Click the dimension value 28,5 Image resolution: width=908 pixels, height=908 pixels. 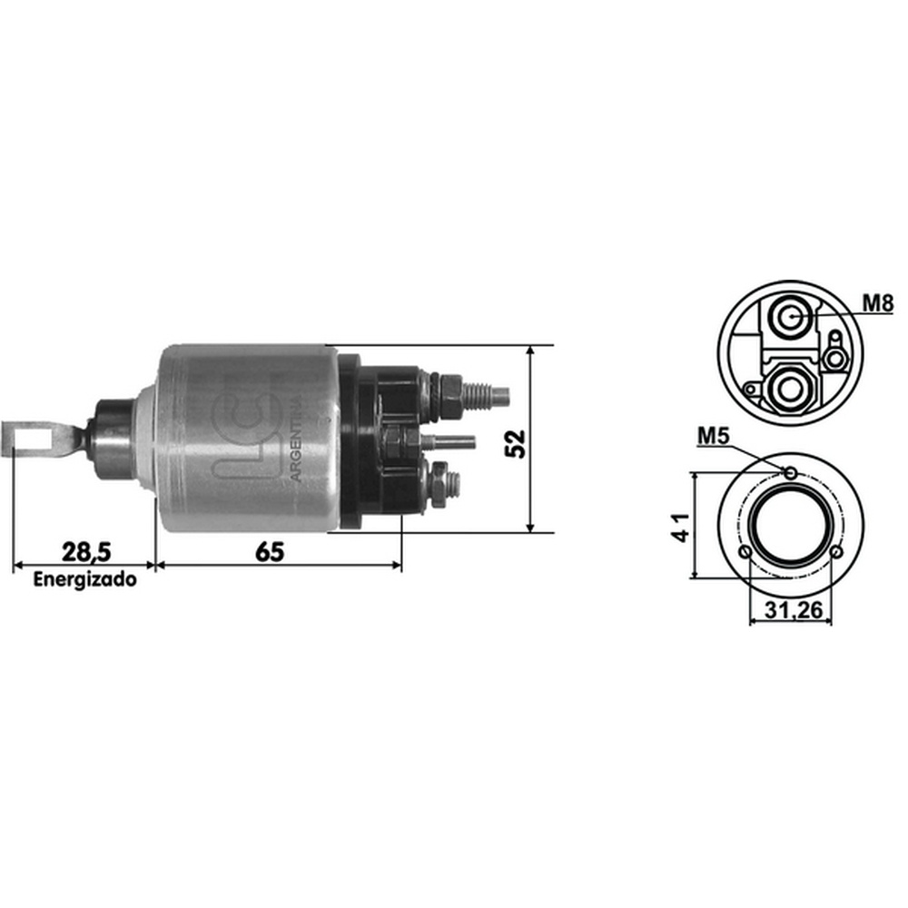coord(86,552)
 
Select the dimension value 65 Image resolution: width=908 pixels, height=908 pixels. coord(270,552)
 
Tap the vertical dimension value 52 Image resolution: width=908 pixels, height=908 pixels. coord(515,444)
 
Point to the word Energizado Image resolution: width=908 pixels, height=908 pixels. coord(85,579)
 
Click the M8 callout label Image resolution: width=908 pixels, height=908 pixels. coord(878,303)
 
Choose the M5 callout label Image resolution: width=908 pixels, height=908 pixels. coord(713,436)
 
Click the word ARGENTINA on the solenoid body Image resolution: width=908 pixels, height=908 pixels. coord(296,439)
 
